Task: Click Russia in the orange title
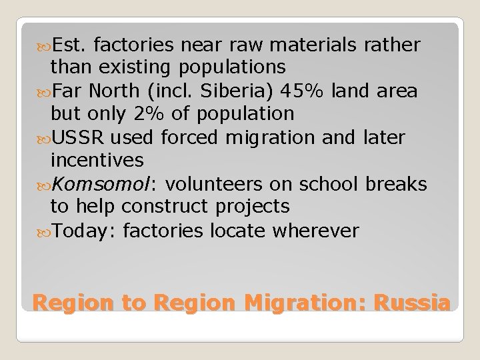(x=412, y=303)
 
